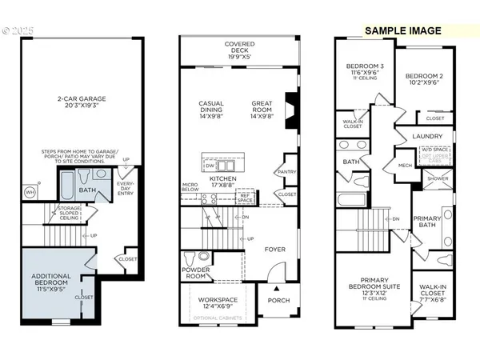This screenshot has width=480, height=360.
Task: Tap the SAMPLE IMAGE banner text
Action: [x=403, y=30]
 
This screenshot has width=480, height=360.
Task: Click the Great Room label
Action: [x=262, y=108]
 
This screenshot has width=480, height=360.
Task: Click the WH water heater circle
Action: [x=30, y=192]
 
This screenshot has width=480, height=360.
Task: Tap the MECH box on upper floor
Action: [x=405, y=166]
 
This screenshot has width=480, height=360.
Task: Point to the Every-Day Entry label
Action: [x=126, y=189]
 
